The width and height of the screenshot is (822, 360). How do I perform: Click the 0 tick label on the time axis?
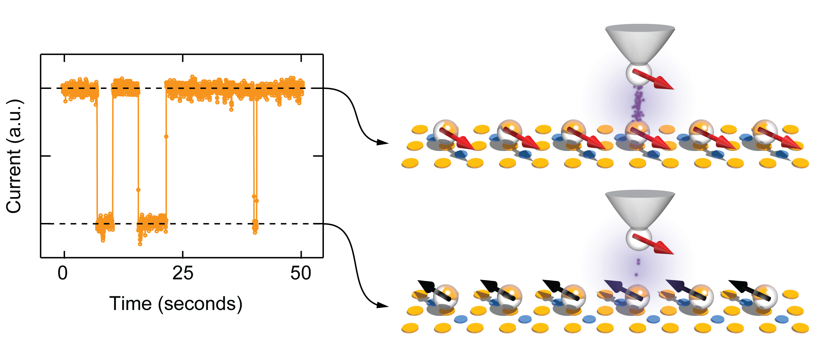click(63, 273)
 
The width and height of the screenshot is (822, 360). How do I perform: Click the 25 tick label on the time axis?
click(183, 273)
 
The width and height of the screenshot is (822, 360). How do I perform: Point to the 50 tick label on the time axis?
click(301, 273)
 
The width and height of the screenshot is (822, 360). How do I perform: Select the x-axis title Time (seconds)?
click(176, 304)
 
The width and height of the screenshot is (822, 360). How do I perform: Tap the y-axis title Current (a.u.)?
click(14, 156)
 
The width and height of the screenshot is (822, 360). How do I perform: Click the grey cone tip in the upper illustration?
click(640, 45)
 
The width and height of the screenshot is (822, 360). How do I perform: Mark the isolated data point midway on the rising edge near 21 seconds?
click(166, 136)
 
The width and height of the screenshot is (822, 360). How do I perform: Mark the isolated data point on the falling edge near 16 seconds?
click(138, 190)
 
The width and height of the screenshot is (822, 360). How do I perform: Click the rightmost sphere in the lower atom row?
click(765, 297)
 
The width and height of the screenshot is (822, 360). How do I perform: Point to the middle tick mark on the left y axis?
click(45, 156)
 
